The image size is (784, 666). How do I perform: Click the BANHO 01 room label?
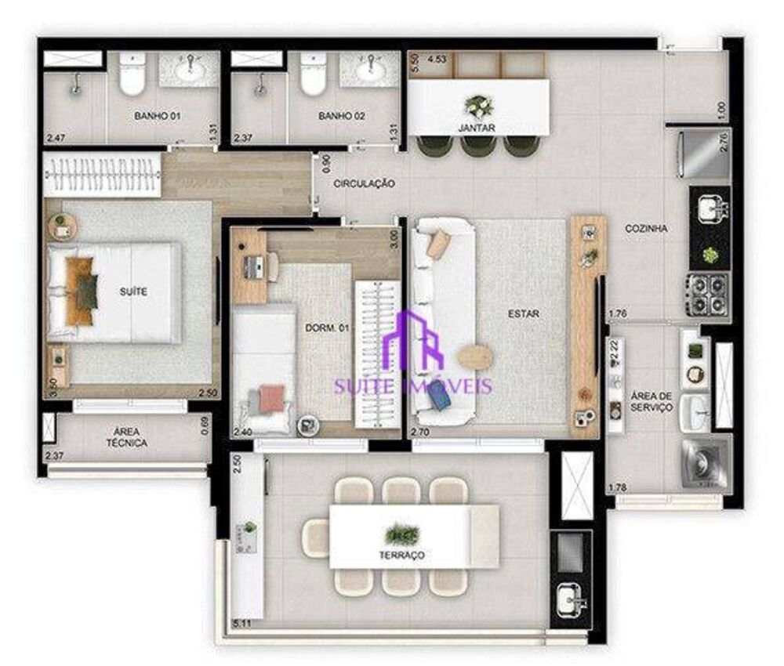[x=158, y=116]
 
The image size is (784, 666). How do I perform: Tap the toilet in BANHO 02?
[x=313, y=76]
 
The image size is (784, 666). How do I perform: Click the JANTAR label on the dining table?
[x=477, y=127]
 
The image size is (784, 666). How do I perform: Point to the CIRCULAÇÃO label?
[x=364, y=183]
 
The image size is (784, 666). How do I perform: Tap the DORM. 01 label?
[x=326, y=328]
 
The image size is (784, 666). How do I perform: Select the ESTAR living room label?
[x=523, y=314]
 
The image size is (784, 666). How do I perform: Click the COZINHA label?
[x=646, y=229]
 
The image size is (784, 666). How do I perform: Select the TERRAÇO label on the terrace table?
[x=405, y=555]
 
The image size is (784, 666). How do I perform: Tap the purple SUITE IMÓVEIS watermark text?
[x=413, y=385]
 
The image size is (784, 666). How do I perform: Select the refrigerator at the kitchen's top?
[x=703, y=154]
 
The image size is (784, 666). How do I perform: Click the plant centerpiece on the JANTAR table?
[x=477, y=105]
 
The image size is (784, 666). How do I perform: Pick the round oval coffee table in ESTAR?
[x=473, y=357]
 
